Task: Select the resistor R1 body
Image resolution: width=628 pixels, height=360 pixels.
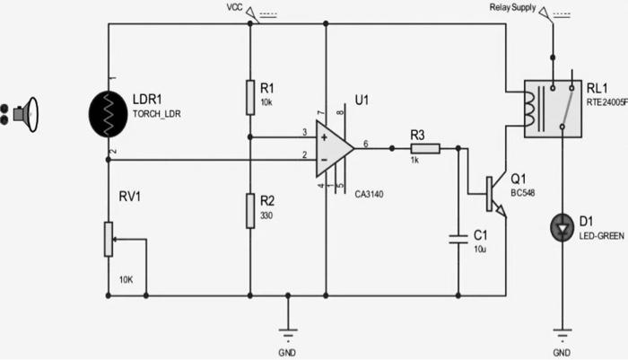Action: pos(249,97)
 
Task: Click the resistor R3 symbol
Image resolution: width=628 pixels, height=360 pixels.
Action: pos(425,148)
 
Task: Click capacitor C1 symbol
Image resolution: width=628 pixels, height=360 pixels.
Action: pos(458,238)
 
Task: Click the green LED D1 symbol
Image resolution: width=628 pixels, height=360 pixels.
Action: pos(562,229)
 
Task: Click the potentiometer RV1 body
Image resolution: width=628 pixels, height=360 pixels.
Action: pos(109,239)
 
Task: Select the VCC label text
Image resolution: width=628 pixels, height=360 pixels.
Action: pos(235,8)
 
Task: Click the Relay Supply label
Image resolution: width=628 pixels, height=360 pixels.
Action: pos(512,8)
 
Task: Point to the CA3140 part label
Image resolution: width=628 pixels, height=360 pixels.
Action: pos(370,192)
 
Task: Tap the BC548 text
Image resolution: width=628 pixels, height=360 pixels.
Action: pos(522,192)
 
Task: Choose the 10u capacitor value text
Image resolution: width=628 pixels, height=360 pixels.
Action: pos(480,249)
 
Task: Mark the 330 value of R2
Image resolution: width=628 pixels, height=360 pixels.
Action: pos(266,215)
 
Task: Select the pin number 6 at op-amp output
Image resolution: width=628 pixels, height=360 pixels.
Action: pos(365,143)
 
